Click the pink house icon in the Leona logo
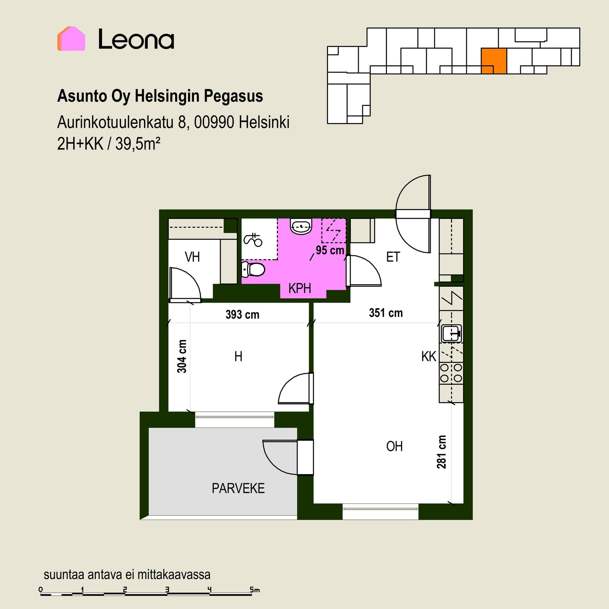[x=71, y=39]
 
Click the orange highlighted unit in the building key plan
[x=494, y=61]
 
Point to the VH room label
[x=192, y=257]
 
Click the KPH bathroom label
[x=299, y=288]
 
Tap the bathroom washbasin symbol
[x=301, y=226]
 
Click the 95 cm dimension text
[x=330, y=250]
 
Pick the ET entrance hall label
[x=393, y=257]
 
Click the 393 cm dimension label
[x=242, y=315]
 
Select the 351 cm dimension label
[x=386, y=313]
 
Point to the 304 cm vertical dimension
[x=182, y=356]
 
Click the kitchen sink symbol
[x=451, y=333]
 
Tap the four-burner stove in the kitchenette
[x=451, y=373]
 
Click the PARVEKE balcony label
[x=238, y=488]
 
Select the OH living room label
[x=394, y=447]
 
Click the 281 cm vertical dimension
[x=442, y=452]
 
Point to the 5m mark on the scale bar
[x=254, y=590]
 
